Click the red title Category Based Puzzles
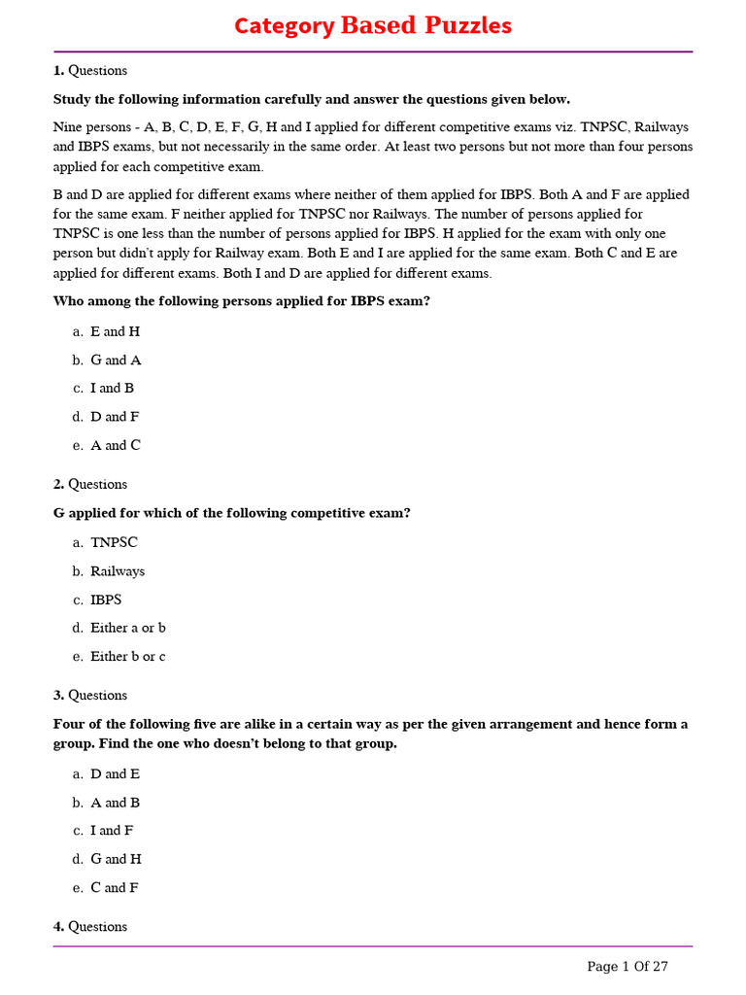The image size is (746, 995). point(373,26)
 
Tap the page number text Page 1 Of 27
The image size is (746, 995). point(627,966)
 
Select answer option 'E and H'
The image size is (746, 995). point(115,331)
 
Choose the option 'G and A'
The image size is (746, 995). point(116,360)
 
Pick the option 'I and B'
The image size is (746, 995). point(112,388)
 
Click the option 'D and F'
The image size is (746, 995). point(115,417)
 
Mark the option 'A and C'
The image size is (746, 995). point(115,445)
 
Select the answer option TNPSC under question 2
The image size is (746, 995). point(114,542)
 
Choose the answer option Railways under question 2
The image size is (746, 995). point(117,571)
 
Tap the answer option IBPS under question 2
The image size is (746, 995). point(106,600)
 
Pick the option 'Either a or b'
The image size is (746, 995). point(127,628)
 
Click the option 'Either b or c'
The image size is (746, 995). point(127,656)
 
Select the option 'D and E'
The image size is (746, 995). point(115,773)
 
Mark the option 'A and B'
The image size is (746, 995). point(115,803)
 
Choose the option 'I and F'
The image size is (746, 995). point(112,831)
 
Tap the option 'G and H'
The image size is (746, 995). point(116,859)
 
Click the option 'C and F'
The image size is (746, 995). point(114,887)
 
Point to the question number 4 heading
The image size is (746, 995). point(89,927)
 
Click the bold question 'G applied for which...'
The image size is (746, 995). point(231,513)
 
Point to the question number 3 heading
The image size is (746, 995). point(89,695)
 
